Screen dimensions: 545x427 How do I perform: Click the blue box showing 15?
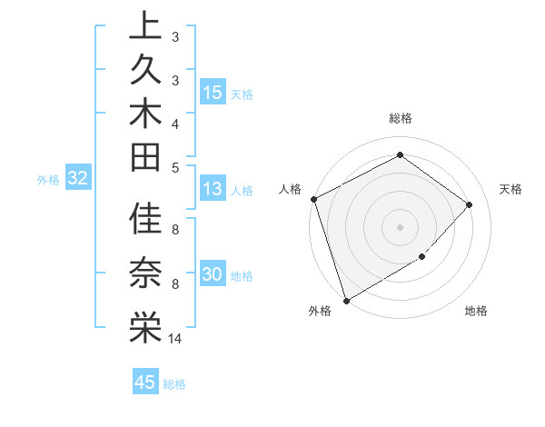tap(213, 93)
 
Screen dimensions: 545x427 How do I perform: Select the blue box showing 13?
tap(213, 189)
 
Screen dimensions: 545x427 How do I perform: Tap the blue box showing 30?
tap(213, 274)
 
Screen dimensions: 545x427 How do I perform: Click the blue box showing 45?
tap(145, 382)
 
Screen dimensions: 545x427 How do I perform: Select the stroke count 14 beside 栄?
tap(175, 339)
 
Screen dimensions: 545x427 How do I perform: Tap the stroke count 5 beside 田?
tap(175, 167)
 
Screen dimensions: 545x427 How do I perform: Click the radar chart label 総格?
tap(400, 118)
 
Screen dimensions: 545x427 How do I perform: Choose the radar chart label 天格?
tap(510, 189)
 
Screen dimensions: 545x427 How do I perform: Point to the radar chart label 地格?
tap(476, 312)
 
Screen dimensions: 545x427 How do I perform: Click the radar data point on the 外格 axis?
tap(346, 300)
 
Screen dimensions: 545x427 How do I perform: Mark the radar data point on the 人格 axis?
tap(313, 199)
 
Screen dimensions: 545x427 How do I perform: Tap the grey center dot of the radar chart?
tap(400, 227)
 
